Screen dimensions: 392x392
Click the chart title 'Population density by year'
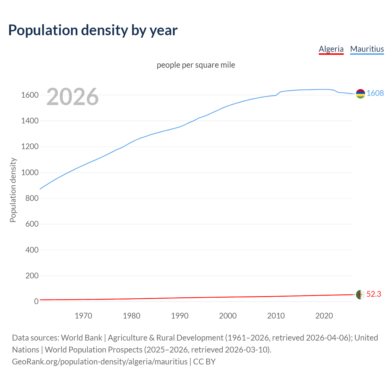93,30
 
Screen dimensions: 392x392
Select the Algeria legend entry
331,49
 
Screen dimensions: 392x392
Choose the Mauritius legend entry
367,49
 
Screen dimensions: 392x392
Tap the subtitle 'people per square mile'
196,65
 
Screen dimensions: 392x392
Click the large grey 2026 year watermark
73,97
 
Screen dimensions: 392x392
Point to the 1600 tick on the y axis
30,95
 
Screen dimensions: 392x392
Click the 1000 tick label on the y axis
30,172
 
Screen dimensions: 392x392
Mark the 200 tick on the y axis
32,276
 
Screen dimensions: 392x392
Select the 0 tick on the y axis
36,301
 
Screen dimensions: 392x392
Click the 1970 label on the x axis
83,316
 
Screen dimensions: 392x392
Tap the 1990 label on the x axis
180,316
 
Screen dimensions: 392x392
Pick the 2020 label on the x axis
324,316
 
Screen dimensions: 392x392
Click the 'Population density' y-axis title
13,190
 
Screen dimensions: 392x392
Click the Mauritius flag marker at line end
360,94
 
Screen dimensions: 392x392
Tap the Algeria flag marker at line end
360,295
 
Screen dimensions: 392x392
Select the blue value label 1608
375,93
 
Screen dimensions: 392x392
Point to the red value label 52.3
374,294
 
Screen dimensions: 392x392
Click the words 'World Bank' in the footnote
81,337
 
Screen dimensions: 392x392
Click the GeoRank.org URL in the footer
100,361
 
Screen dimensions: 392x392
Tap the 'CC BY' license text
204,361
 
